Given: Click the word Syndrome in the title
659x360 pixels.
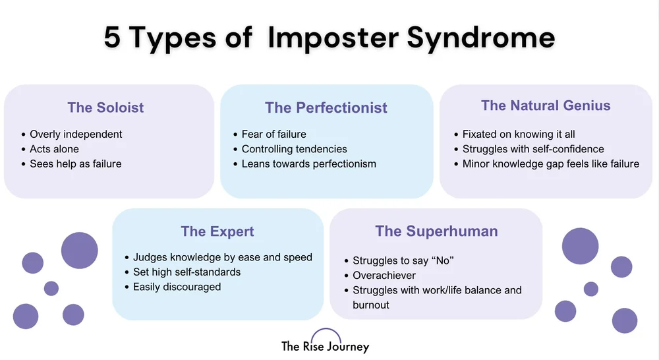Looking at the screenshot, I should pos(481,38).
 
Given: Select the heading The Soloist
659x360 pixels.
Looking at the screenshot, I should pos(105,107).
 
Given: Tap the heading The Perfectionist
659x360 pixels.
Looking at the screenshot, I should pos(326,107).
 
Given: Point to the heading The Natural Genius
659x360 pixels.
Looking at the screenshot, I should pos(546,105).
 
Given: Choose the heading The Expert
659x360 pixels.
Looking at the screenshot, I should pos(217,231).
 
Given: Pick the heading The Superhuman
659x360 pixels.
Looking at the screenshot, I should pos(436,231).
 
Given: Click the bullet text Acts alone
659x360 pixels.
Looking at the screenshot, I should pos(54,149).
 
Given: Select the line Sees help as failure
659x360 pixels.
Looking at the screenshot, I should pos(75,164).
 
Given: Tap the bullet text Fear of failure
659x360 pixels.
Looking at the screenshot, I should pos(273,135).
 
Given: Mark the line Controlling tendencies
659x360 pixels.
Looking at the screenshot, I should pos(294,149).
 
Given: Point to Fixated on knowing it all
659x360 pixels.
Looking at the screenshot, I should pos(519,134).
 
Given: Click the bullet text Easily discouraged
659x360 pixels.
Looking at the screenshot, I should pos(177,287).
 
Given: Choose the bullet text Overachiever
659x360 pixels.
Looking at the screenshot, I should pos(384,276).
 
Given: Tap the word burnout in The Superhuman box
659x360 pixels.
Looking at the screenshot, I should pos(371,305).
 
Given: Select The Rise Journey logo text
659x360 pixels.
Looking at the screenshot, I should pos(326,347).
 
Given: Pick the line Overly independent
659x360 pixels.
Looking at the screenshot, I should pos(76,134).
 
